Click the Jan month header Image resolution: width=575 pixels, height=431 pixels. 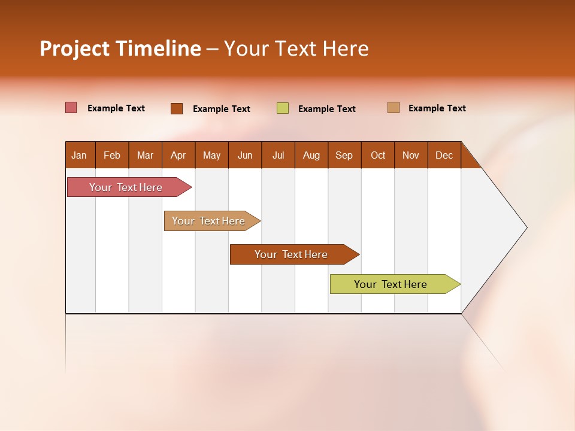[x=80, y=155]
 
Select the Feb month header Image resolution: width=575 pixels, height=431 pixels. [x=112, y=155]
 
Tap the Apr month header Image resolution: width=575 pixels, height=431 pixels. [x=178, y=155]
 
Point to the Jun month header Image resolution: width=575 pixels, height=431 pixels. [x=245, y=155]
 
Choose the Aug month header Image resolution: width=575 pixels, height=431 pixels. [x=311, y=155]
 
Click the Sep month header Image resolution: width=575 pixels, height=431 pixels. [x=344, y=155]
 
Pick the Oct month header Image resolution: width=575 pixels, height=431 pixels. [x=378, y=155]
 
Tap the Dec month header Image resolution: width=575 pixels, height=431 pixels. [x=444, y=155]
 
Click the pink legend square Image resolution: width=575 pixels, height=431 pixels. [x=71, y=108]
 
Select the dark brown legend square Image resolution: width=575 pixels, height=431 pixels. [x=177, y=108]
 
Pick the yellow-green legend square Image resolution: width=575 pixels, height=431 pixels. [x=283, y=108]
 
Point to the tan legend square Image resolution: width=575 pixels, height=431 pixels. [x=394, y=108]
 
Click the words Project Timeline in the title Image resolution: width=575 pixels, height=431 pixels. [x=120, y=48]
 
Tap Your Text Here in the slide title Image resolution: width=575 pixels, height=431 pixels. [x=296, y=48]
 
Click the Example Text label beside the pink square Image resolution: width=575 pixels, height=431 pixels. [x=116, y=108]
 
